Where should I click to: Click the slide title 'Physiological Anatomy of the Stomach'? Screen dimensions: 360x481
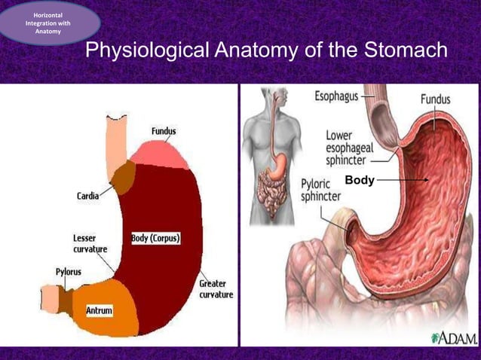click(x=266, y=51)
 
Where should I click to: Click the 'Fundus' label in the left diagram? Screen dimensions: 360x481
click(x=164, y=131)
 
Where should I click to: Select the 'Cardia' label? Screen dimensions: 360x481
click(x=87, y=196)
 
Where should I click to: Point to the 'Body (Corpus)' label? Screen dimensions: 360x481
click(x=156, y=238)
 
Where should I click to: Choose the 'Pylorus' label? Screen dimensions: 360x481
click(x=69, y=272)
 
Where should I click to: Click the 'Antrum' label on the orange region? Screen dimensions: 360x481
click(x=99, y=310)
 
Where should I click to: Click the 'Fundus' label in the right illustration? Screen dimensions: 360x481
click(x=435, y=99)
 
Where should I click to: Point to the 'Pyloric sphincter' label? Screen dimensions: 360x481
click(x=320, y=190)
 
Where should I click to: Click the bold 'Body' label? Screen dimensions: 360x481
click(x=359, y=181)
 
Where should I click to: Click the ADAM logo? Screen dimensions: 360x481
click(x=454, y=338)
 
